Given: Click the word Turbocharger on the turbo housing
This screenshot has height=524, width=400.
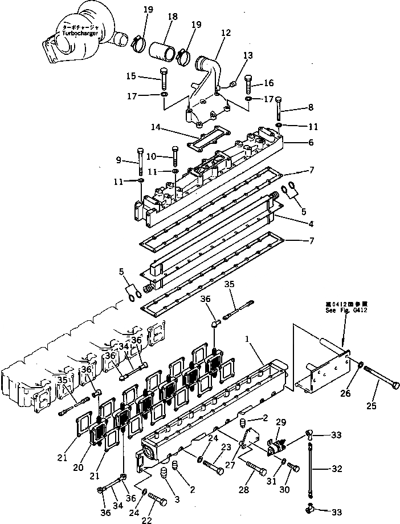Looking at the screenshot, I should (81, 34).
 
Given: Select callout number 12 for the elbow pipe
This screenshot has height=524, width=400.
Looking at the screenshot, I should (226, 33).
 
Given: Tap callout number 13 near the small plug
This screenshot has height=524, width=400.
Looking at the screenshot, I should (247, 55).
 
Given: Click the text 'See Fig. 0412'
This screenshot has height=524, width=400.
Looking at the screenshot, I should (346, 310).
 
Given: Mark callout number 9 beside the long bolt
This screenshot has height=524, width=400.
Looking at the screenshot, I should (118, 159).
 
